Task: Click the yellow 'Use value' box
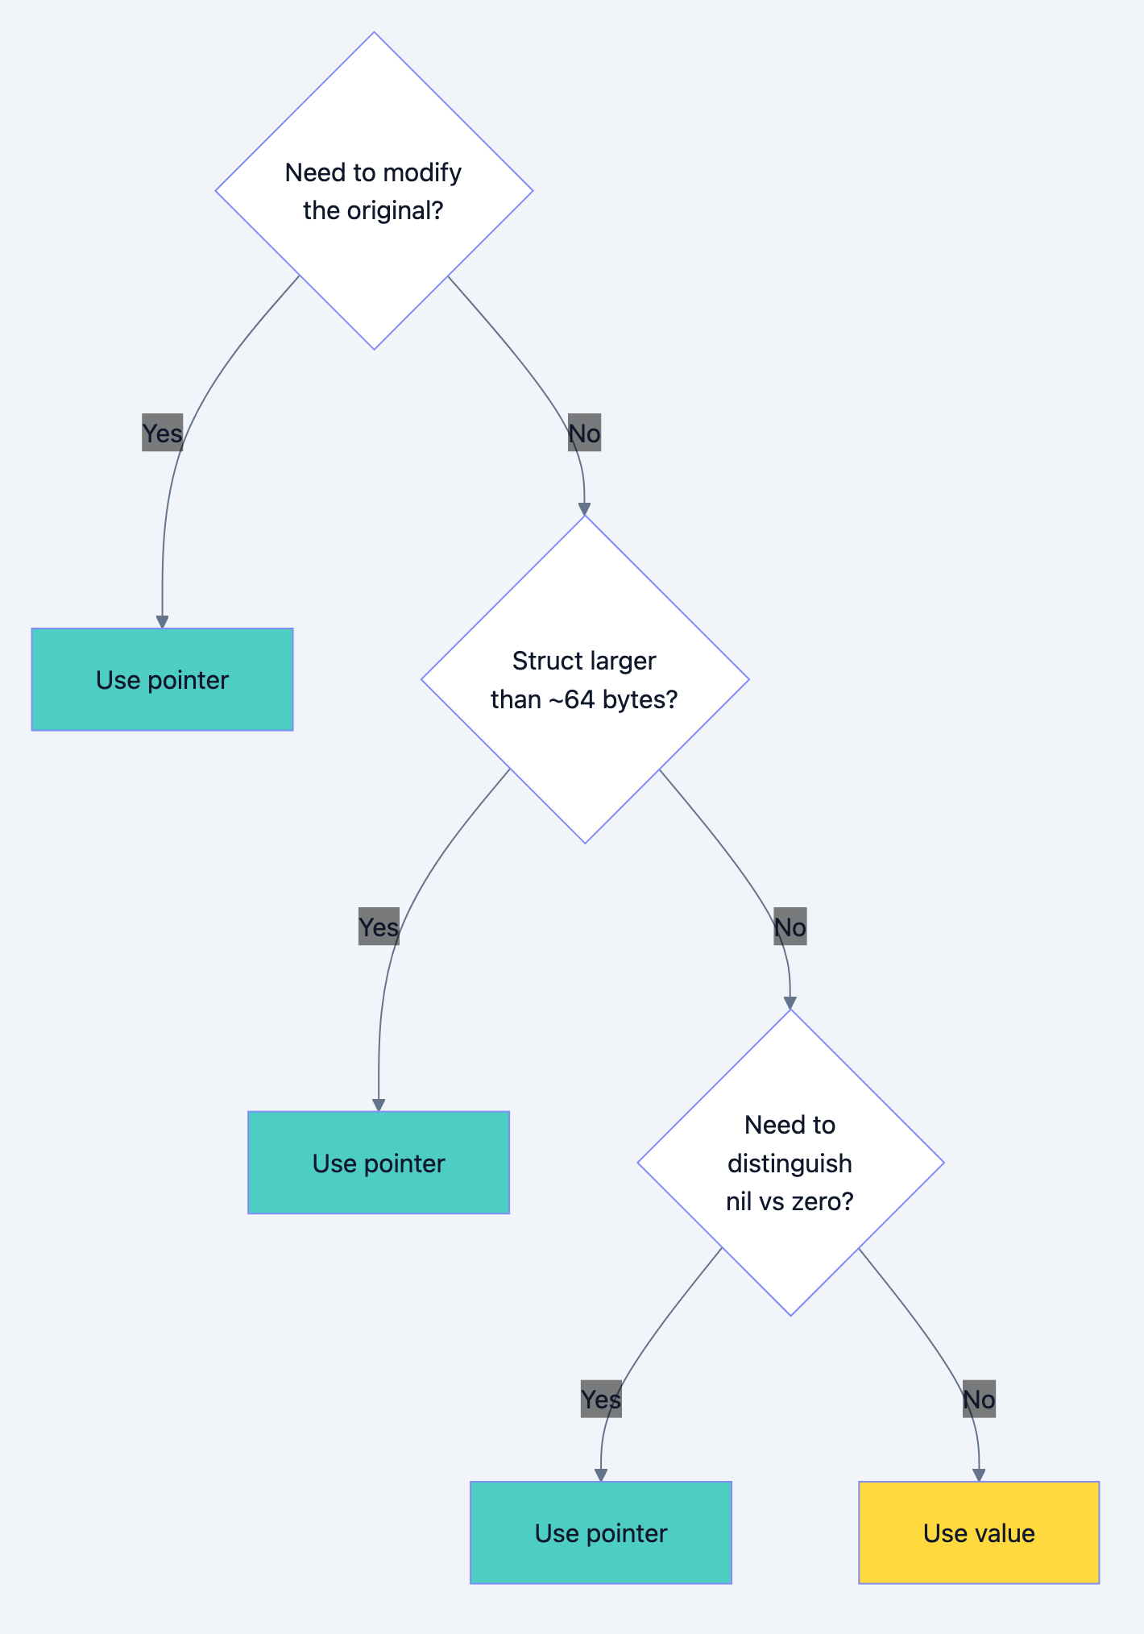978,1532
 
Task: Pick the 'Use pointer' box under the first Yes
162,679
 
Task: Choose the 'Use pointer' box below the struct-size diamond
379,1163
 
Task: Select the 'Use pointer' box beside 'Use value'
600,1532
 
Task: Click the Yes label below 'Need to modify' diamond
162,433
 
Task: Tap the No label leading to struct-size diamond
584,433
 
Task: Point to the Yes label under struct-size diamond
379,927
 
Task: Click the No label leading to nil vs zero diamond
790,927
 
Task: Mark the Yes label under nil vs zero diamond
601,1399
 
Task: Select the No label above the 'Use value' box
979,1399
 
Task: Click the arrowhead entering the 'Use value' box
979,1474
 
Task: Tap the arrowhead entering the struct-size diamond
584,509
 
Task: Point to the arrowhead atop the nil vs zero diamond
790,1003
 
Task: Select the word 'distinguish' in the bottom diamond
790,1163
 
